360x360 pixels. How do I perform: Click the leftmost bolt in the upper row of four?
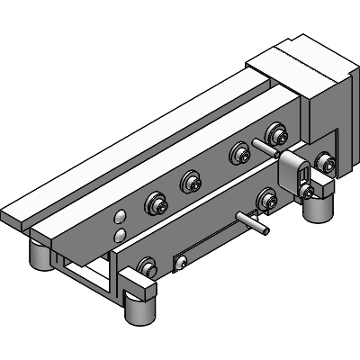coord(156,204)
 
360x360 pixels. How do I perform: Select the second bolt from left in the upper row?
coord(190,182)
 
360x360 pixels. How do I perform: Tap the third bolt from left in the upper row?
coord(239,154)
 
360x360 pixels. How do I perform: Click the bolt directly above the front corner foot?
coord(147,266)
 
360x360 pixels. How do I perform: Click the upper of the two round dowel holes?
coord(120,217)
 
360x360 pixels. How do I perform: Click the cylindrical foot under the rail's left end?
coord(40,256)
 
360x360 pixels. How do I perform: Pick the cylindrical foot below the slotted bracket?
coord(315,210)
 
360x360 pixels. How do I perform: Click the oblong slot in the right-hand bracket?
coord(303,173)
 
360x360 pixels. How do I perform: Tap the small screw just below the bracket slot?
coord(308,192)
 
